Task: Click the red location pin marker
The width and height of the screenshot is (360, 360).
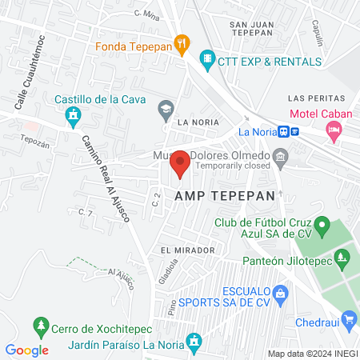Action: pos(180,163)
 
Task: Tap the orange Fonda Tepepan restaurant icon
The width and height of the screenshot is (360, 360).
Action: pos(182,45)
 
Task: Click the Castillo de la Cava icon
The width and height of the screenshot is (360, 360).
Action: pos(74,115)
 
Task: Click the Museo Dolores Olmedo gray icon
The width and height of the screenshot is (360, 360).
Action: pos(281,157)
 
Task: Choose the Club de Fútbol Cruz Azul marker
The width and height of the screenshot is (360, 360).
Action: pos(322,224)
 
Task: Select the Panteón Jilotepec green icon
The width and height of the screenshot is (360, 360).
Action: pos(343,258)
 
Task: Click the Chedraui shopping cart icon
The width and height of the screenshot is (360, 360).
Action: pos(349,321)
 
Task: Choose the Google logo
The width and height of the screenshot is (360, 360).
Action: pos(27,350)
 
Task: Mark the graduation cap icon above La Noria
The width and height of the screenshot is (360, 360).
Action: pos(166,107)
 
